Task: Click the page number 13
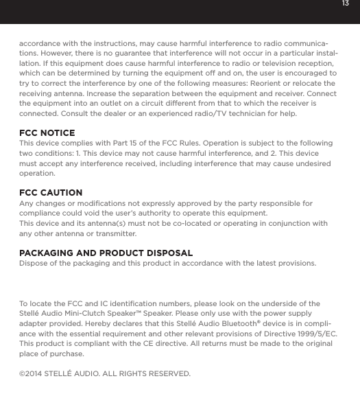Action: pyautogui.click(x=346, y=4)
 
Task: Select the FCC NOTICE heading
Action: pyautogui.click(x=47, y=132)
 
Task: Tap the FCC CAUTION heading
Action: pyautogui.click(x=51, y=192)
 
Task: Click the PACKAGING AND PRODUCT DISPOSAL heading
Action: pyautogui.click(x=106, y=253)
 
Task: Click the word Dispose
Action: pyautogui.click(x=34, y=264)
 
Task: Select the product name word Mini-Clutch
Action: pyautogui.click(x=94, y=313)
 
